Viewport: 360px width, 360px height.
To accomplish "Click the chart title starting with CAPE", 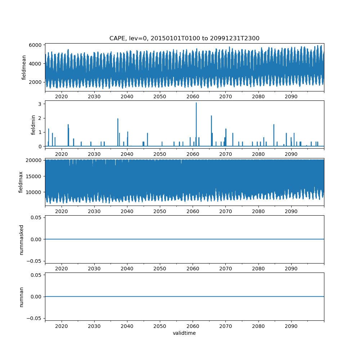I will click(x=184, y=38).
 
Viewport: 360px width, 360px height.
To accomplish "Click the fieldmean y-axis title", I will click(x=24, y=67).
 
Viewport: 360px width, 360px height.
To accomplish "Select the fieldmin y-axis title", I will click(x=33, y=125).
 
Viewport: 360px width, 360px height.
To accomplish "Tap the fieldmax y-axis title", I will click(x=21, y=182).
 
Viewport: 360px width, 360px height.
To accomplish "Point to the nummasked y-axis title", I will click(x=21, y=239).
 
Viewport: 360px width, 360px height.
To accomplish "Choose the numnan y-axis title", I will click(x=21, y=297).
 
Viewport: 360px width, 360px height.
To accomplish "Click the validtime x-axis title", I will click(x=184, y=333).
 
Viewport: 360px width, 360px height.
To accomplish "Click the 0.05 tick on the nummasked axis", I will click(x=37, y=217).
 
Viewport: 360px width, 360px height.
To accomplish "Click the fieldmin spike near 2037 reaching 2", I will click(x=118, y=119).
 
